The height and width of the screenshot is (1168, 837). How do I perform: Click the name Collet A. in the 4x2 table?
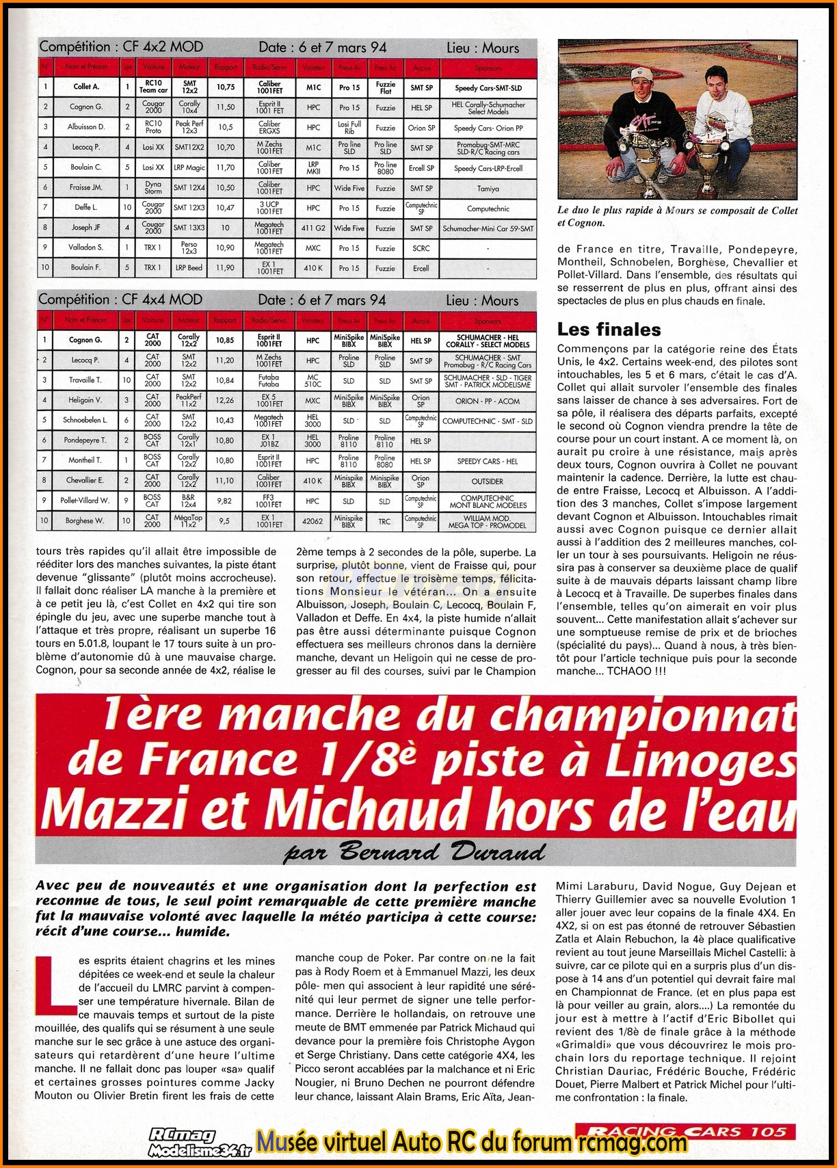pos(86,88)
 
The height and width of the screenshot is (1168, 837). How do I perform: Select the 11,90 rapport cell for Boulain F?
pos(225,268)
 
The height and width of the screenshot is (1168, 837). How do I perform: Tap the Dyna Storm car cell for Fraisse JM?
pos(153,188)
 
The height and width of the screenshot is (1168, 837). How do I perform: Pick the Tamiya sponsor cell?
pos(488,188)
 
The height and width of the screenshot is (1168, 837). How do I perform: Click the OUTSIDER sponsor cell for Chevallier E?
pos(487,481)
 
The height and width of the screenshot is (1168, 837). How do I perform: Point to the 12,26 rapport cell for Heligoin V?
pos(224,401)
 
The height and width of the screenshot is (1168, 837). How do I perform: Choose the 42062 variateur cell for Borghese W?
pos(313,521)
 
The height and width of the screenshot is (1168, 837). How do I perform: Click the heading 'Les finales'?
pos(609,330)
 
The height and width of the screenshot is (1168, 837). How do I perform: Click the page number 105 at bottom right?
pos(769,1132)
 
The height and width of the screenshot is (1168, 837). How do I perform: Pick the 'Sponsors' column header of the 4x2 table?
pos(488,68)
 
